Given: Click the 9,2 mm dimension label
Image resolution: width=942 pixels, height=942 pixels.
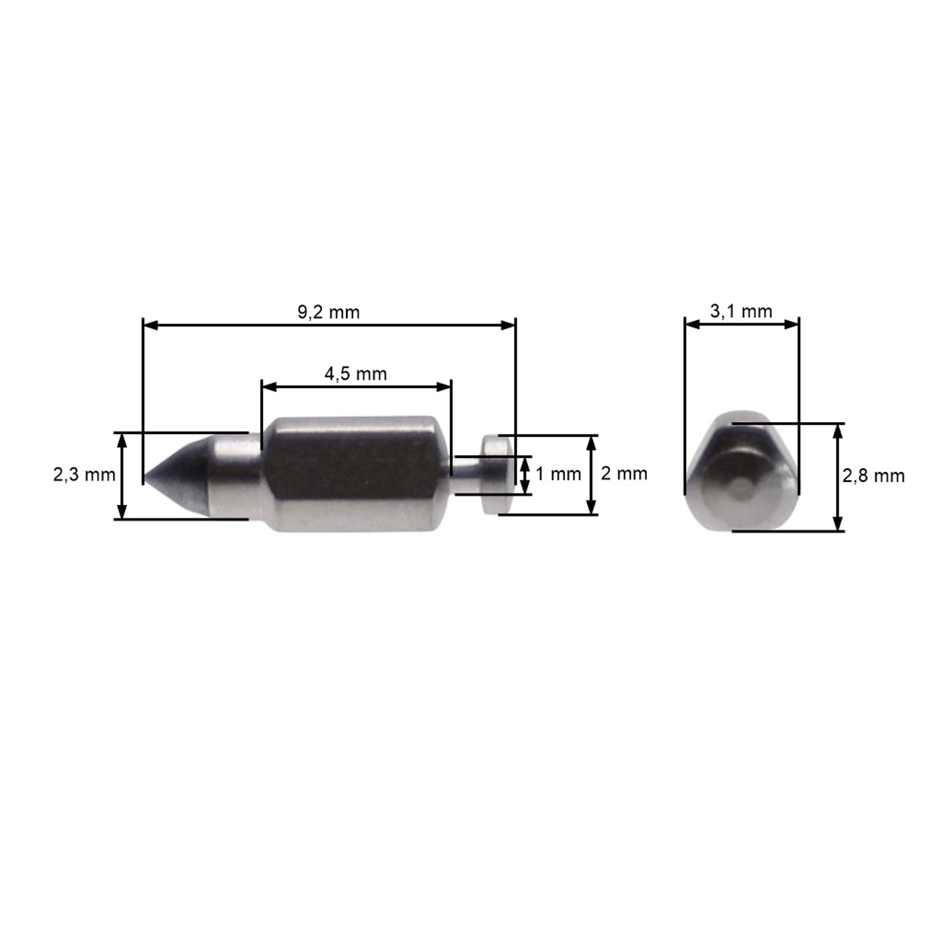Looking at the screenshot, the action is pos(329,312).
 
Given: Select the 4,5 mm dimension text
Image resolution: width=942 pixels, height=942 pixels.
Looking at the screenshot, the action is pos(355,374).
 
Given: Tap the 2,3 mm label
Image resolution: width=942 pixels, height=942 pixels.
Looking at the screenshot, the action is pos(84,474).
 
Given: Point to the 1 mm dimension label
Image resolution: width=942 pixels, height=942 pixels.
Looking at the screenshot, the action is pos(558,474).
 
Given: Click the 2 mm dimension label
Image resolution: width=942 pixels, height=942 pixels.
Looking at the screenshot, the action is pos(624,474).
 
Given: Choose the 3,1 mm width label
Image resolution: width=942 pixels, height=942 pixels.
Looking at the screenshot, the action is pos(741,311).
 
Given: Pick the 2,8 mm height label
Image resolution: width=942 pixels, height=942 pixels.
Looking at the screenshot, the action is pos(873,476).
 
